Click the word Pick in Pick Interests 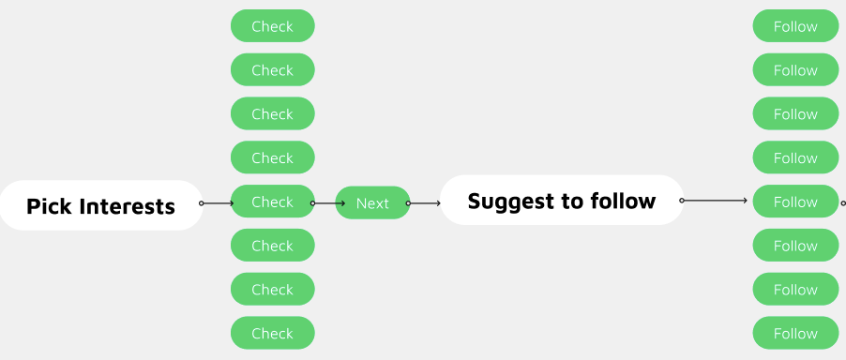(48, 206)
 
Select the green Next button (372, 202)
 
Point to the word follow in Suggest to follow (623, 201)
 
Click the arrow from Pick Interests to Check (218, 202)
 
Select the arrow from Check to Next (328, 202)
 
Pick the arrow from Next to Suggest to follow (425, 202)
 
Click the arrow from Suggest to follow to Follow (715, 201)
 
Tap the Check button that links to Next (272, 202)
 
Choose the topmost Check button (272, 26)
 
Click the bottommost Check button (272, 333)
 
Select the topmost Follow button (795, 26)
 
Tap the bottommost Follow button (795, 333)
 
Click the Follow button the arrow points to (795, 202)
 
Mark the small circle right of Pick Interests (201, 202)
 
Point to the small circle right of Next (407, 202)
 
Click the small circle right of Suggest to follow (682, 201)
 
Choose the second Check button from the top (272, 70)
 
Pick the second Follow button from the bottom (795, 289)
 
